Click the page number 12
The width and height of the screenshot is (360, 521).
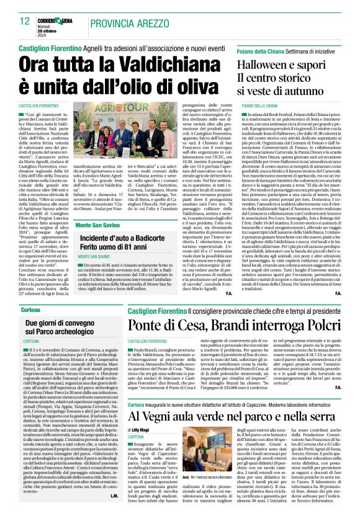pos(25,21)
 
